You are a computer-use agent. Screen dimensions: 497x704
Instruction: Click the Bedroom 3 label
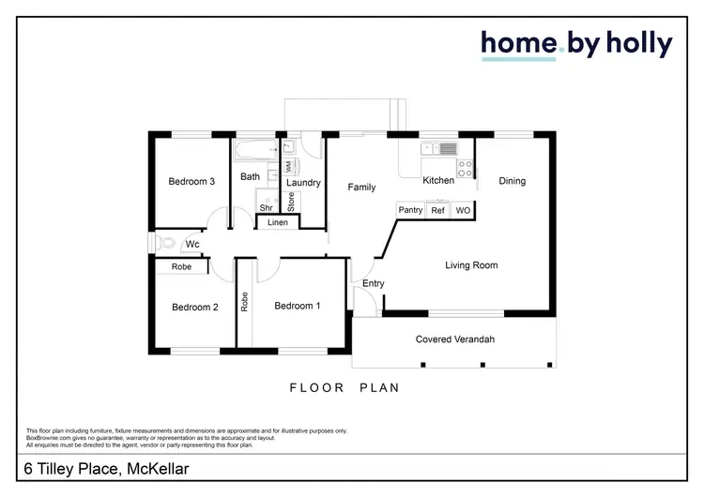pos(192,182)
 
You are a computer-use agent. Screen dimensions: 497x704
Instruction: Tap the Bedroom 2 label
pos(195,307)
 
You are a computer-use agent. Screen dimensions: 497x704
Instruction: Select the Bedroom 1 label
pos(298,306)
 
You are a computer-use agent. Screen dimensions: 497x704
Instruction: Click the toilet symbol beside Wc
pos(168,243)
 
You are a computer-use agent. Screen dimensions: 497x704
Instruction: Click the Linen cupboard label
pos(278,222)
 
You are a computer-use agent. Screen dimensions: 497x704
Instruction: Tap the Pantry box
pos(410,211)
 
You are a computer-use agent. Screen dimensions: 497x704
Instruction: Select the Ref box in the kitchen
pos(437,211)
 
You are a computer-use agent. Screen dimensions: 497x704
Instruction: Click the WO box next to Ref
pos(462,211)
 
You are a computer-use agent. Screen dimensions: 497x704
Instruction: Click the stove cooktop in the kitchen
pos(463,169)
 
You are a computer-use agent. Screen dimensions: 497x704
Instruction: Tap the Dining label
pos(512,181)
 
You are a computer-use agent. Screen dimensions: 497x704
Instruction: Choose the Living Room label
pos(470,265)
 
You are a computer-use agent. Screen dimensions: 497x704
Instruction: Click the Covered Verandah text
pos(454,339)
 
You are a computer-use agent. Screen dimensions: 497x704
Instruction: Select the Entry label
pos(373,284)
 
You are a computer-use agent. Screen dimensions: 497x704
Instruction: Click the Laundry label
pos(304,183)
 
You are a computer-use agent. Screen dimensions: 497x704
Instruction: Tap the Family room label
pos(361,188)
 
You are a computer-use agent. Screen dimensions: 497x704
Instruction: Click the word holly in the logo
pos(634,43)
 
